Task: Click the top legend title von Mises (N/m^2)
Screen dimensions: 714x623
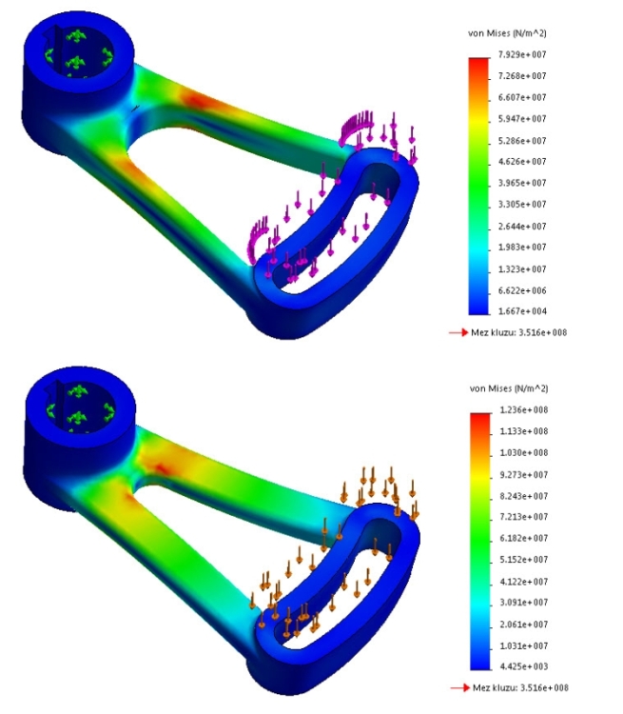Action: click(507, 33)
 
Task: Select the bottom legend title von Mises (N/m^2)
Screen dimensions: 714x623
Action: click(507, 388)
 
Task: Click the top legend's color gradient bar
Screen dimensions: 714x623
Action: click(479, 185)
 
